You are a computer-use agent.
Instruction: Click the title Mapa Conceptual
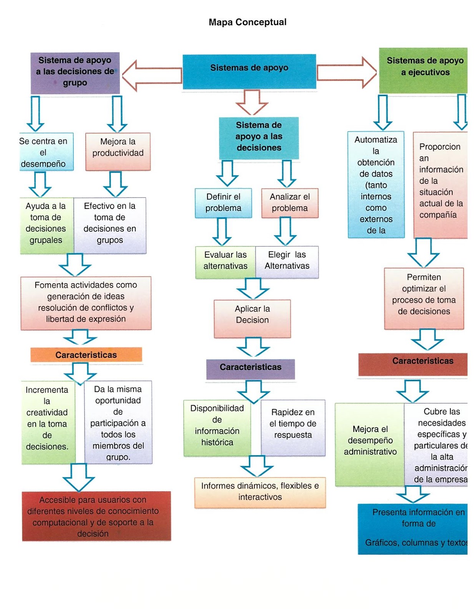pos(247,22)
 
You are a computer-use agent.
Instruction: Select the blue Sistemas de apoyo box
pos(249,71)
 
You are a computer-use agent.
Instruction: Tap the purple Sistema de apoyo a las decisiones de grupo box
pos(75,73)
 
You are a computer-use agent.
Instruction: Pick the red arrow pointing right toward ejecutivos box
pos(346,72)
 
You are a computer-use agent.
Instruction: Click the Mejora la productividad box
pos(118,151)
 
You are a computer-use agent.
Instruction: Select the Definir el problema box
pos(223,203)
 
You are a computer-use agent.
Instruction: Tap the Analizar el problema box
pos(290,203)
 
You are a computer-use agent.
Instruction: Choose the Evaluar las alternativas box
pos(225,261)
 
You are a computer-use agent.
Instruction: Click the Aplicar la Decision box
pos(252,318)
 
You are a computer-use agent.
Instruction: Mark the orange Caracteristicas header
pos(86,355)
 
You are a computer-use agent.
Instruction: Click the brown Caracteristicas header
pos(413,364)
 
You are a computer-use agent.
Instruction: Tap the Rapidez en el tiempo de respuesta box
pos(293,427)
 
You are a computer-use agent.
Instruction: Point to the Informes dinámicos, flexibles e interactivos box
pos(260,492)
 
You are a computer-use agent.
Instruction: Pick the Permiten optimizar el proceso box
pos(424,298)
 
